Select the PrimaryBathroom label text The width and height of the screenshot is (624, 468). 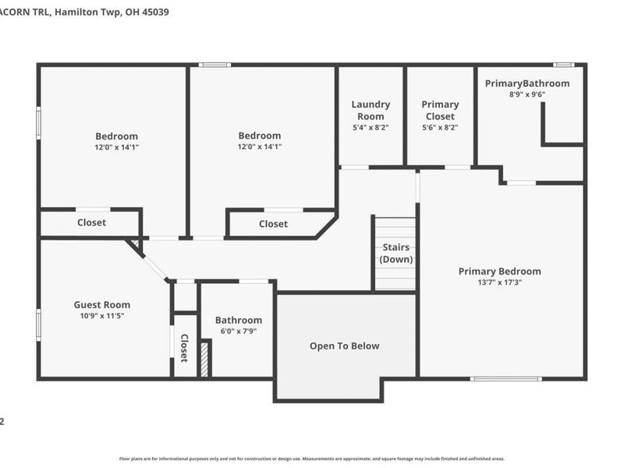[x=527, y=83]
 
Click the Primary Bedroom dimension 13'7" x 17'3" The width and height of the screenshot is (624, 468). [x=499, y=282]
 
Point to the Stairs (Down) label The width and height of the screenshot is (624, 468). [x=397, y=253]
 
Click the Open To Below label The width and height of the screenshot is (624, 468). [x=345, y=346]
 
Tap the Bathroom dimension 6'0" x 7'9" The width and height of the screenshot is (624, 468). [x=238, y=331]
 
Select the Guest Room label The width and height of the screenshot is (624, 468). [x=102, y=305]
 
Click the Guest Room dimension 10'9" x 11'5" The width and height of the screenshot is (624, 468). [x=102, y=316]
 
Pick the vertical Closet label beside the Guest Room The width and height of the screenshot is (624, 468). [x=184, y=348]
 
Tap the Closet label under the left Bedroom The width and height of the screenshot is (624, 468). [x=91, y=222]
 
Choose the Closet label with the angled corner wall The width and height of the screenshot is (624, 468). [x=273, y=224]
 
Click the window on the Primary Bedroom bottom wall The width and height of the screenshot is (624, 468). [x=505, y=378]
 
